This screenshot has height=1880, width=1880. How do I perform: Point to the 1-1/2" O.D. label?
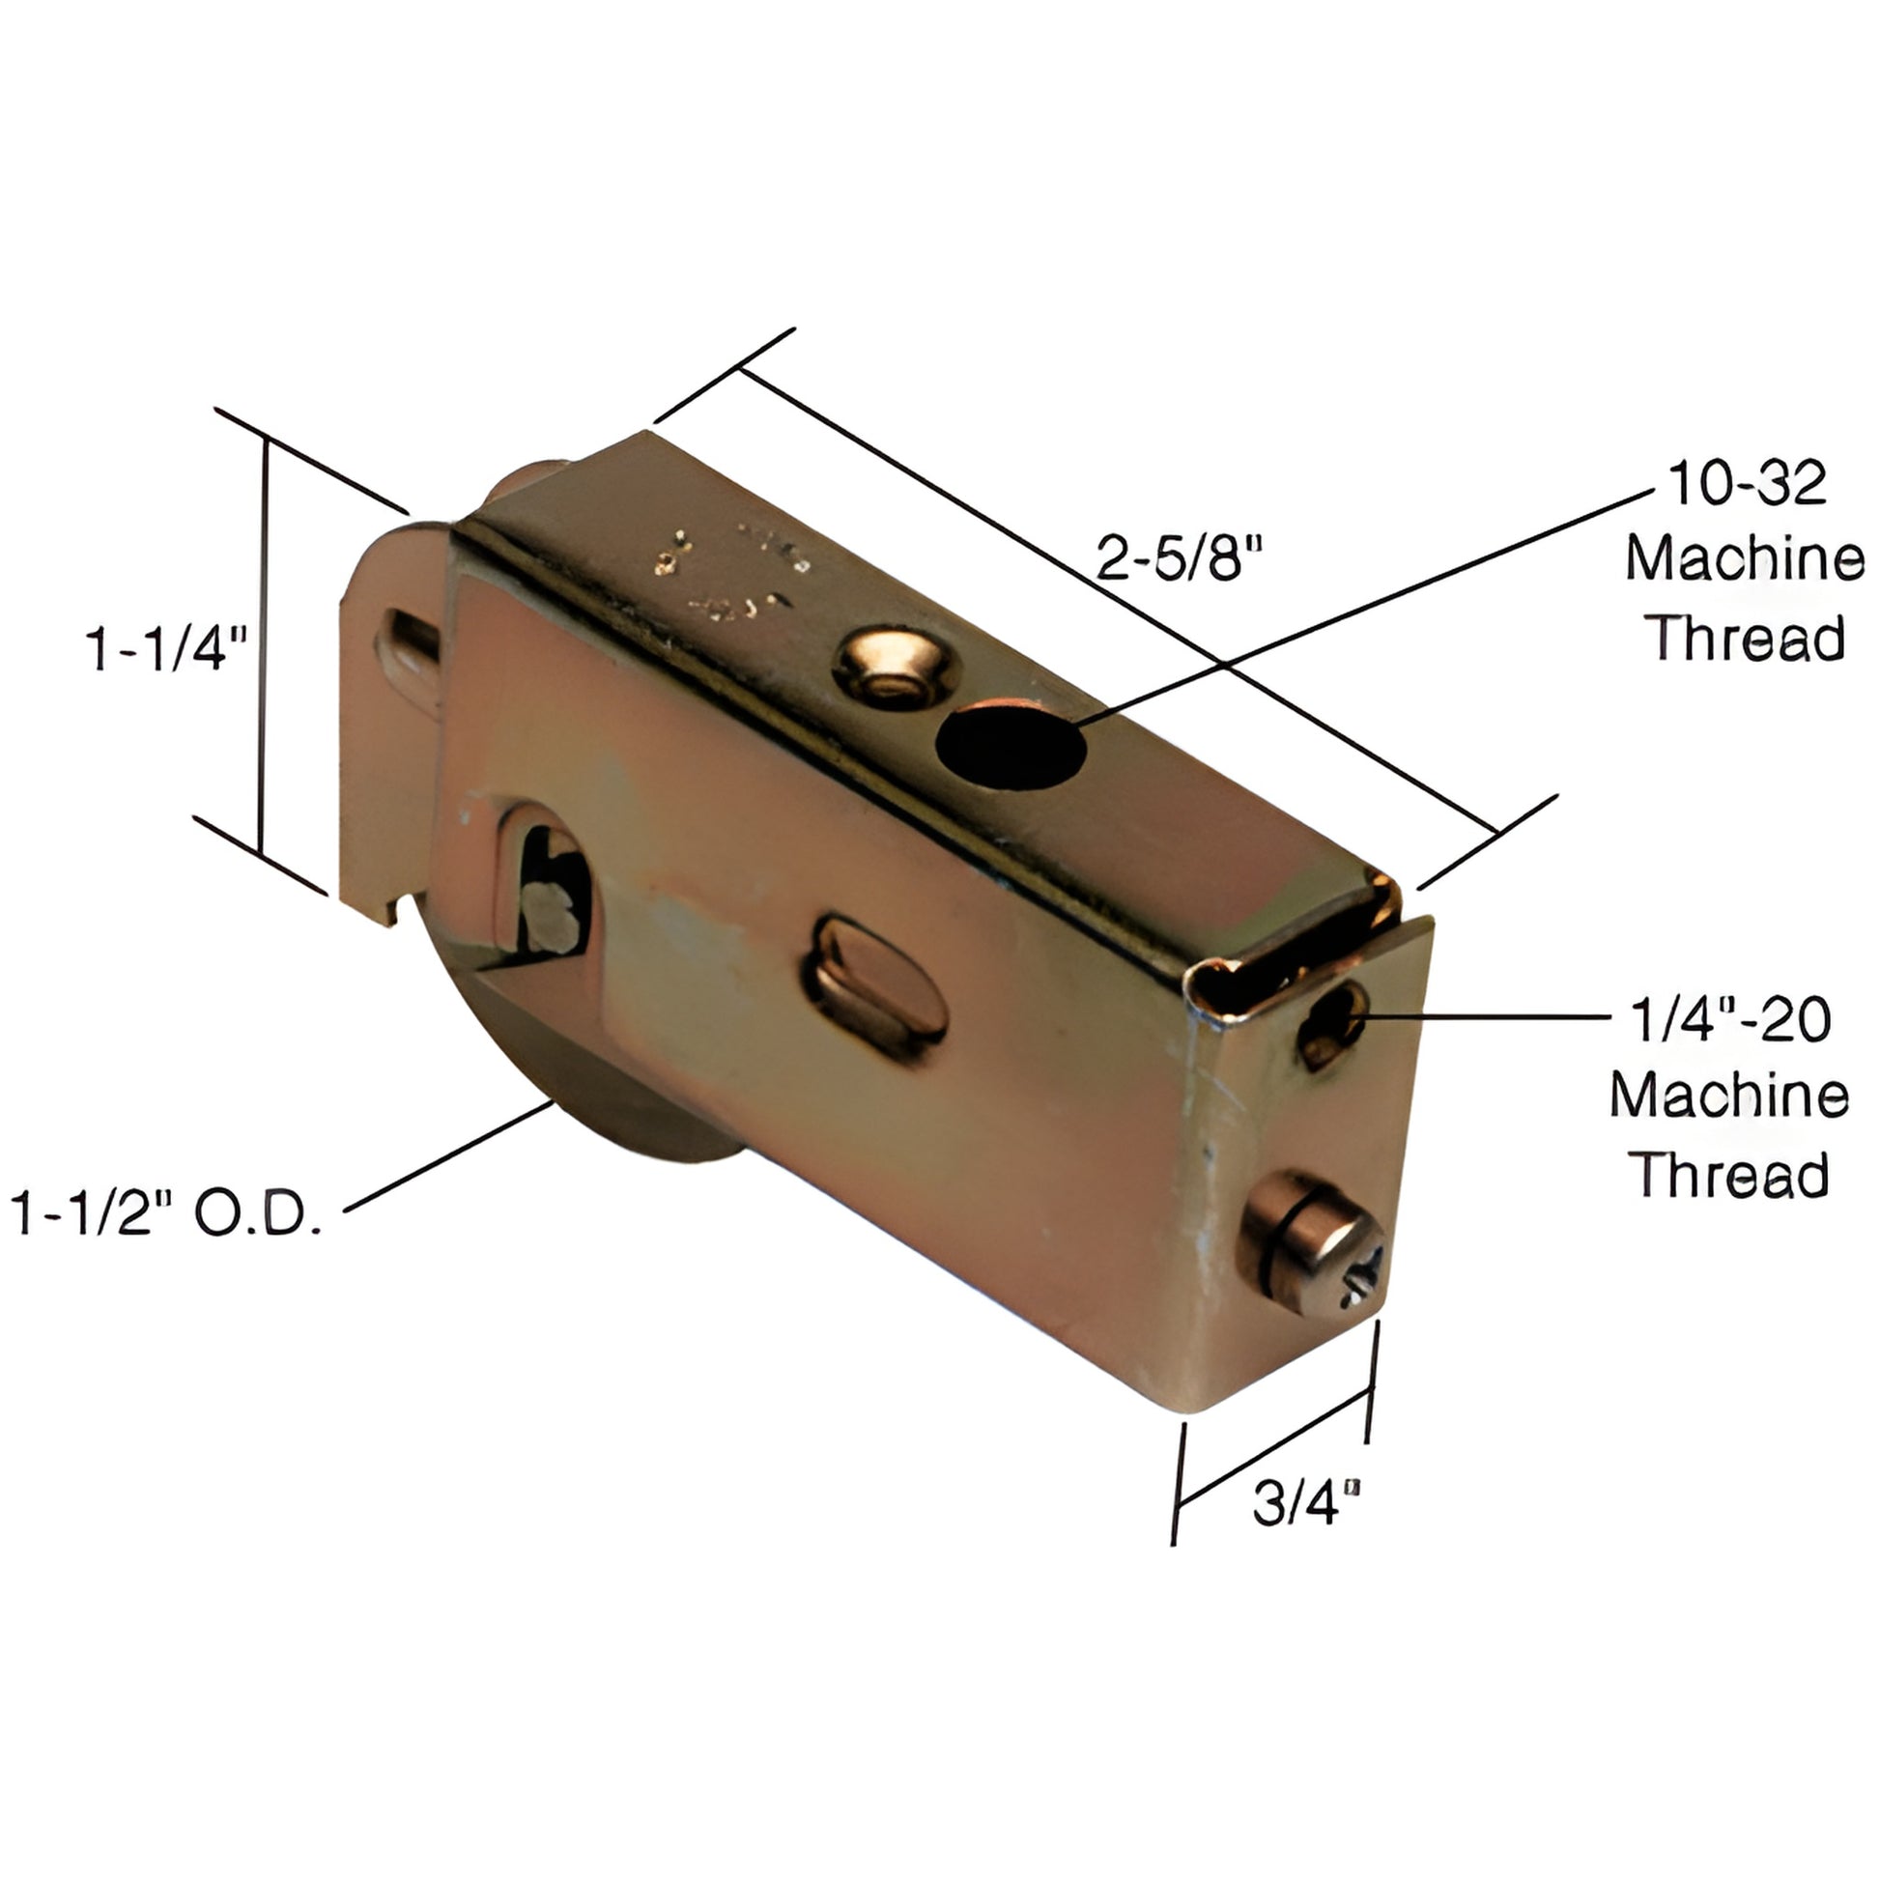tap(166, 1213)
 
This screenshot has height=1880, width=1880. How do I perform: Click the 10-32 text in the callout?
tap(1747, 484)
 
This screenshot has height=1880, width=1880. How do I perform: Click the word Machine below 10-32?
tap(1745, 559)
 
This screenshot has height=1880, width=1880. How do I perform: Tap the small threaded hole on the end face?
tap(1333, 1024)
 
